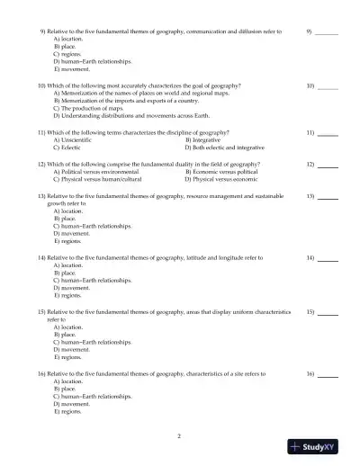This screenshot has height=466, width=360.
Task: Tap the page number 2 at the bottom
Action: [179, 436]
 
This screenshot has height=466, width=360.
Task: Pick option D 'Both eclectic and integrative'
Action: [224, 146]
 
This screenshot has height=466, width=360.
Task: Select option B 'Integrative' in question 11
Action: [202, 139]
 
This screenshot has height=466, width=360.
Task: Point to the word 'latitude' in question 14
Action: [196, 258]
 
